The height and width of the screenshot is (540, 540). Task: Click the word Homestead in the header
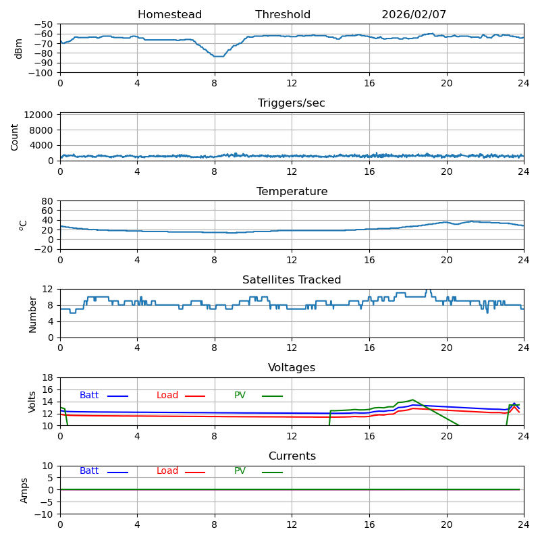[x=169, y=15]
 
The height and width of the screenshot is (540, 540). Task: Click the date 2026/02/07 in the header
[x=414, y=15]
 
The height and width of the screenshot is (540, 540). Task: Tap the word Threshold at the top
[x=283, y=15]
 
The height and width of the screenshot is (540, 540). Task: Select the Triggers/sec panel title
[x=292, y=103]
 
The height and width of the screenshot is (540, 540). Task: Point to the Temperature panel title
[x=292, y=192]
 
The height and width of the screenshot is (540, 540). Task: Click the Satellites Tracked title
[x=292, y=280]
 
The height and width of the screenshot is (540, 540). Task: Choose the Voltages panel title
[x=292, y=368]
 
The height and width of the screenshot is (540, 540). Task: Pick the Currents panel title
[x=292, y=456]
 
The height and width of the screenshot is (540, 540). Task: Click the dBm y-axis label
[x=19, y=48]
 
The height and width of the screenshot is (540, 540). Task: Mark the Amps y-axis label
[x=24, y=490]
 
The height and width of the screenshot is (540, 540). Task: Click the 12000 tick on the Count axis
[x=40, y=115]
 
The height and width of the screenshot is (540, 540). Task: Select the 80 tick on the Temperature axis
[x=48, y=200]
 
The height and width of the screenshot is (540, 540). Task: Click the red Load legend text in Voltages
[x=167, y=396]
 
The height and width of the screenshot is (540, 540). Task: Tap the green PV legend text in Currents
[x=240, y=471]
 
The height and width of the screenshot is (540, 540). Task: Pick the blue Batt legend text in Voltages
[x=89, y=396]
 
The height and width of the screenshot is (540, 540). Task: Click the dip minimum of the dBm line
[x=217, y=56]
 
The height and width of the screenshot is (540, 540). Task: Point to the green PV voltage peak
[x=412, y=400]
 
